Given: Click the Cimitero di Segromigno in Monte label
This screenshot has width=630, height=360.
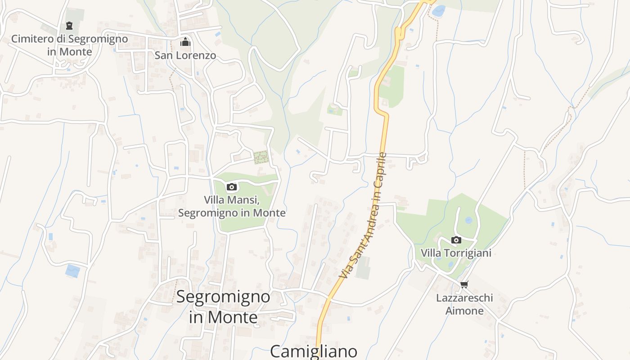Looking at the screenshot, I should pos(69,45).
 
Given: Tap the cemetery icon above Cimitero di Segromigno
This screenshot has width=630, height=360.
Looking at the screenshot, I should pos(69,26).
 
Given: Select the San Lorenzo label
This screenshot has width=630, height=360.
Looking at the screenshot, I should pos(185,55).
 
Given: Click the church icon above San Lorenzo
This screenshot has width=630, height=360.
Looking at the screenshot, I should pos(185,42).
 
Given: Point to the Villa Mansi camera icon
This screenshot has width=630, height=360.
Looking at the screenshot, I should pos(232,187).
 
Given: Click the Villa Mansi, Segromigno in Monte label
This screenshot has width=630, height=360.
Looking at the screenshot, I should pos(232,206).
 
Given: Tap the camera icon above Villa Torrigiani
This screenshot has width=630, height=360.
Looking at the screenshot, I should pos(456,240).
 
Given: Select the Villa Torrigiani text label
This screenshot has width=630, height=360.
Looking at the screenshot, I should pos(456,253).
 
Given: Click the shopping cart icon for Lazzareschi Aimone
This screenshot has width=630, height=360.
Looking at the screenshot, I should pos(464,284).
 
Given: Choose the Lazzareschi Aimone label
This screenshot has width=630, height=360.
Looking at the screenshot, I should pos(464,304).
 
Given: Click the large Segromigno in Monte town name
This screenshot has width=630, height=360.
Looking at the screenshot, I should pos(223,307).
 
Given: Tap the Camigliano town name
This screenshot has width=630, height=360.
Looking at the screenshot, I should pos(314,351).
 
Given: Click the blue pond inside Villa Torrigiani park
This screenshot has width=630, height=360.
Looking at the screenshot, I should pos(468,220).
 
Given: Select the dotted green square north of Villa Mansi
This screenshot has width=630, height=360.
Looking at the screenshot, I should pos(261,157).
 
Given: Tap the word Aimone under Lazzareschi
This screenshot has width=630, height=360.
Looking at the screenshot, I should pos(464,311).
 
